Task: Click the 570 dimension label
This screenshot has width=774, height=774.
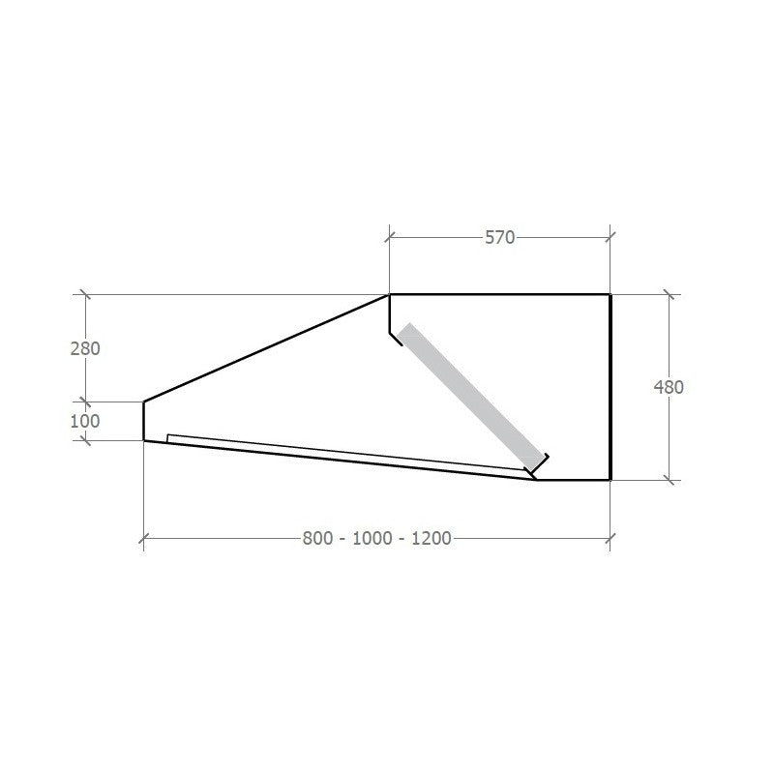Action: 499,237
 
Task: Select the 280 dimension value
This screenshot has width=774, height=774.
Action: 85,348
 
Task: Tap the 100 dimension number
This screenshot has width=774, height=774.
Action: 85,421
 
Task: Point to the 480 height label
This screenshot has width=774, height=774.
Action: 669,387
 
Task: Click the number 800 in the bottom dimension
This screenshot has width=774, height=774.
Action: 317,538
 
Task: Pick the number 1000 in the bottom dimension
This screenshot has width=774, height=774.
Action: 372,538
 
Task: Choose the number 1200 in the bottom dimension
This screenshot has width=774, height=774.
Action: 432,538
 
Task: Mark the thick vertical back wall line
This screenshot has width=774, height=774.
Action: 610,387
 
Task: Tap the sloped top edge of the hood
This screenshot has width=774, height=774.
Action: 267,348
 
